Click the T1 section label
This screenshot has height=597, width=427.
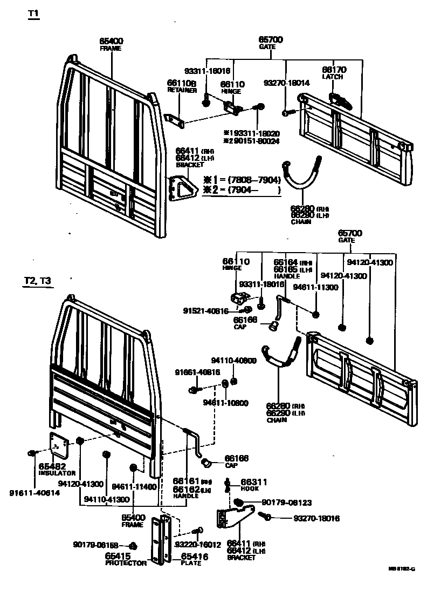tap(33, 16)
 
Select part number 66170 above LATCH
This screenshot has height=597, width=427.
tap(334, 70)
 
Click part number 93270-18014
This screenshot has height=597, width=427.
tap(286, 83)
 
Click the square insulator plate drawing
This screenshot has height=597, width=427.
tap(60, 444)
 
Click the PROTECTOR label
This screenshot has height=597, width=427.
tap(126, 563)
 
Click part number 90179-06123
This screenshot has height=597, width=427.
tap(286, 503)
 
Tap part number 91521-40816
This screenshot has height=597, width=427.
tap(205, 311)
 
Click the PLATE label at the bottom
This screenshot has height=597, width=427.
tap(191, 563)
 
